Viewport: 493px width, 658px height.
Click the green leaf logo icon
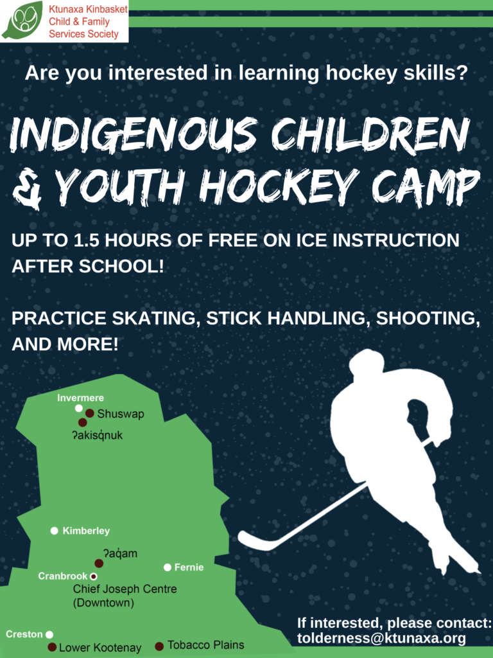(x=23, y=19)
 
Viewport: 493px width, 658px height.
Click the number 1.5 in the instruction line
(x=87, y=240)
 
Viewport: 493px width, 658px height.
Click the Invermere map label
(x=80, y=398)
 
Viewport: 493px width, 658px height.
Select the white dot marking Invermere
(x=79, y=408)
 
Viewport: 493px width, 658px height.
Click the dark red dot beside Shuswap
(x=89, y=413)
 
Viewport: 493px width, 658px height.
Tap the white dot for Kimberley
(x=54, y=531)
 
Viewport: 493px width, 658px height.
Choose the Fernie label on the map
(x=189, y=567)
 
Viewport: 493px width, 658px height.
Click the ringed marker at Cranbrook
(x=94, y=576)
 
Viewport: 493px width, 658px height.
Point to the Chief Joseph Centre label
(x=125, y=596)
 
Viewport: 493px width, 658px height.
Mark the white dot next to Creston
(x=49, y=634)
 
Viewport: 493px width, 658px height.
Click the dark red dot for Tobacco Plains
(x=159, y=646)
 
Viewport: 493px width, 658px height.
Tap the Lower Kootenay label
(x=100, y=648)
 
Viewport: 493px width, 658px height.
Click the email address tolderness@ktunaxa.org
(x=381, y=638)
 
